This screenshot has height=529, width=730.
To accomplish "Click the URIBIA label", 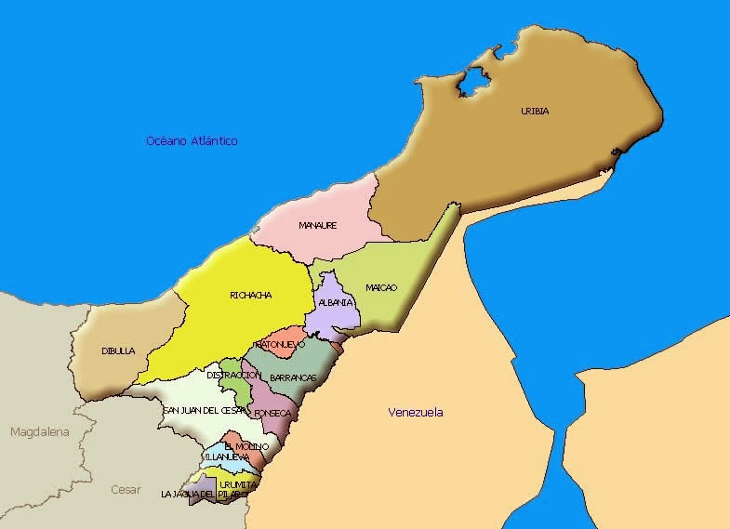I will point(535,112).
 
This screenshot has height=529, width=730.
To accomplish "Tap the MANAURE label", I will point(317,226).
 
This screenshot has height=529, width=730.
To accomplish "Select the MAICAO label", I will point(381,287).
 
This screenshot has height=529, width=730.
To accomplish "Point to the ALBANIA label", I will point(335,303).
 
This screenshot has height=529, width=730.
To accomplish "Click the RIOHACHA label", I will point(250,296).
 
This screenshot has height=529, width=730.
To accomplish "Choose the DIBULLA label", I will point(118,351).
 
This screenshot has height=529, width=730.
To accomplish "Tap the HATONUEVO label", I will point(280,344).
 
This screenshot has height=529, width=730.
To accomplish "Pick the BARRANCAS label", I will point(293,377).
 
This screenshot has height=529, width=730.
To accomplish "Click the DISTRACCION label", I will point(232,375).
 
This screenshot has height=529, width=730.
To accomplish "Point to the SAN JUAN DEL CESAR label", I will point(206,410).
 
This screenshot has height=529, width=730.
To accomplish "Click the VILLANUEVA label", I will point(225,457).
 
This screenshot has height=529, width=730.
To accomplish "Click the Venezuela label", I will point(416,413).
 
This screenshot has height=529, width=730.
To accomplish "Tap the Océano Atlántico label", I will point(192,141).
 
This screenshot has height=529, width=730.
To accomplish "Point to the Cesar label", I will point(126,489).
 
